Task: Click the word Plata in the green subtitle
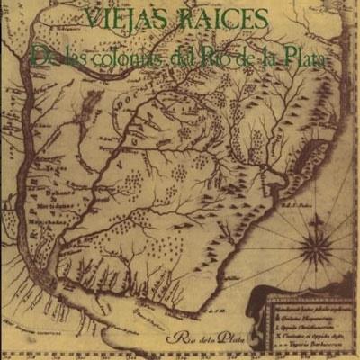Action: coord(303,58)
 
